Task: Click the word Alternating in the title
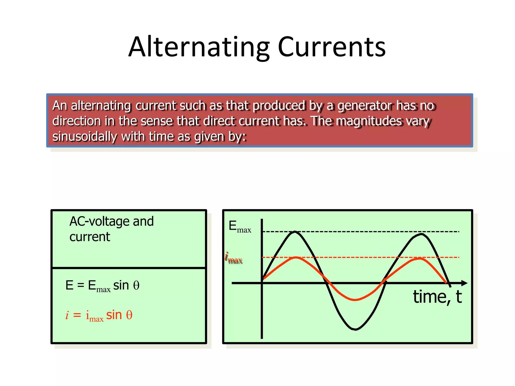point(199,47)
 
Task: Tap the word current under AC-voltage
point(90,237)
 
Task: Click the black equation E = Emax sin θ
point(102,286)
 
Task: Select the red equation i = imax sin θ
point(99,315)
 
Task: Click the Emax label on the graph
point(240,227)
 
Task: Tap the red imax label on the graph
point(234,258)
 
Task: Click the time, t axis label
point(437,297)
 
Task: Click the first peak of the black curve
point(294,232)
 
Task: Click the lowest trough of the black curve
point(355,329)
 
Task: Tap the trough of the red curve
point(355,300)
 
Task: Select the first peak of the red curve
point(296,258)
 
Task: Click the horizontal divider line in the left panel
point(129,268)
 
